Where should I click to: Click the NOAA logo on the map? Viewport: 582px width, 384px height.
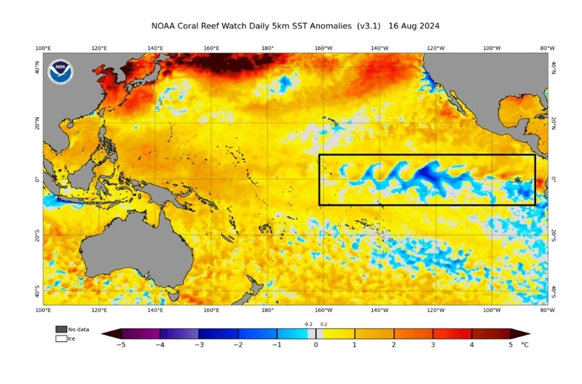tap(61, 72)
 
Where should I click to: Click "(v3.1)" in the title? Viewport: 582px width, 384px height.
tap(370, 26)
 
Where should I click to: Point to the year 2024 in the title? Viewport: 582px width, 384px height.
tap(428, 26)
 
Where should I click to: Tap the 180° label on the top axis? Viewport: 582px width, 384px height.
tap(267, 48)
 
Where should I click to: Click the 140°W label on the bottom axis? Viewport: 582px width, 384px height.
tap(380, 310)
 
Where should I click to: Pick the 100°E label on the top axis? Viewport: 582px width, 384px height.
tap(43, 48)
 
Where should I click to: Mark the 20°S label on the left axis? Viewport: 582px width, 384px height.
tap(38, 235)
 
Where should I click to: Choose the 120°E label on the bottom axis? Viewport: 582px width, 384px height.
tap(99, 310)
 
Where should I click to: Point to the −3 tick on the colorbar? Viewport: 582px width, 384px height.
tap(199, 344)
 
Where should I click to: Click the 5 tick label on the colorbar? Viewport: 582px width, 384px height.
tap(511, 344)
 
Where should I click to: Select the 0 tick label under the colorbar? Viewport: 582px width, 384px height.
tap(316, 344)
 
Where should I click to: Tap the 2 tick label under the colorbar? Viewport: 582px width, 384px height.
tap(394, 344)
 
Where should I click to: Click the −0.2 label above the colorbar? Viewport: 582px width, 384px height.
tap(308, 324)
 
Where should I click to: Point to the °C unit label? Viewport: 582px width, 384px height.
tap(524, 344)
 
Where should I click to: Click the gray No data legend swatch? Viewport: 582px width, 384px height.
tap(61, 329)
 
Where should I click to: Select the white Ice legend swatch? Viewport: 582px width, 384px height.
tap(61, 338)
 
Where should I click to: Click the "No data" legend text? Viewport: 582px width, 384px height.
tap(79, 329)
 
